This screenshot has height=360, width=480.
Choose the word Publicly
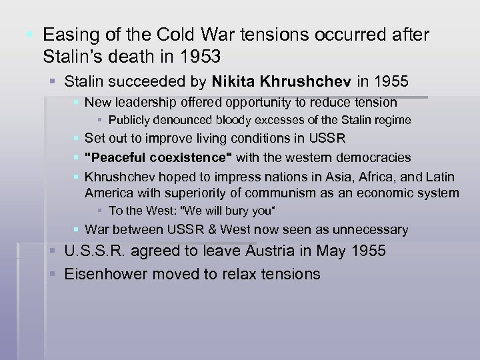point(129,120)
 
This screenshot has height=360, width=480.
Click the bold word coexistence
point(186,157)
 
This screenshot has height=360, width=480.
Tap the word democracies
point(373,157)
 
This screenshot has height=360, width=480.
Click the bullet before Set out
point(77,139)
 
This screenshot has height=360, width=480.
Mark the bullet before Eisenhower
point(57,273)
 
